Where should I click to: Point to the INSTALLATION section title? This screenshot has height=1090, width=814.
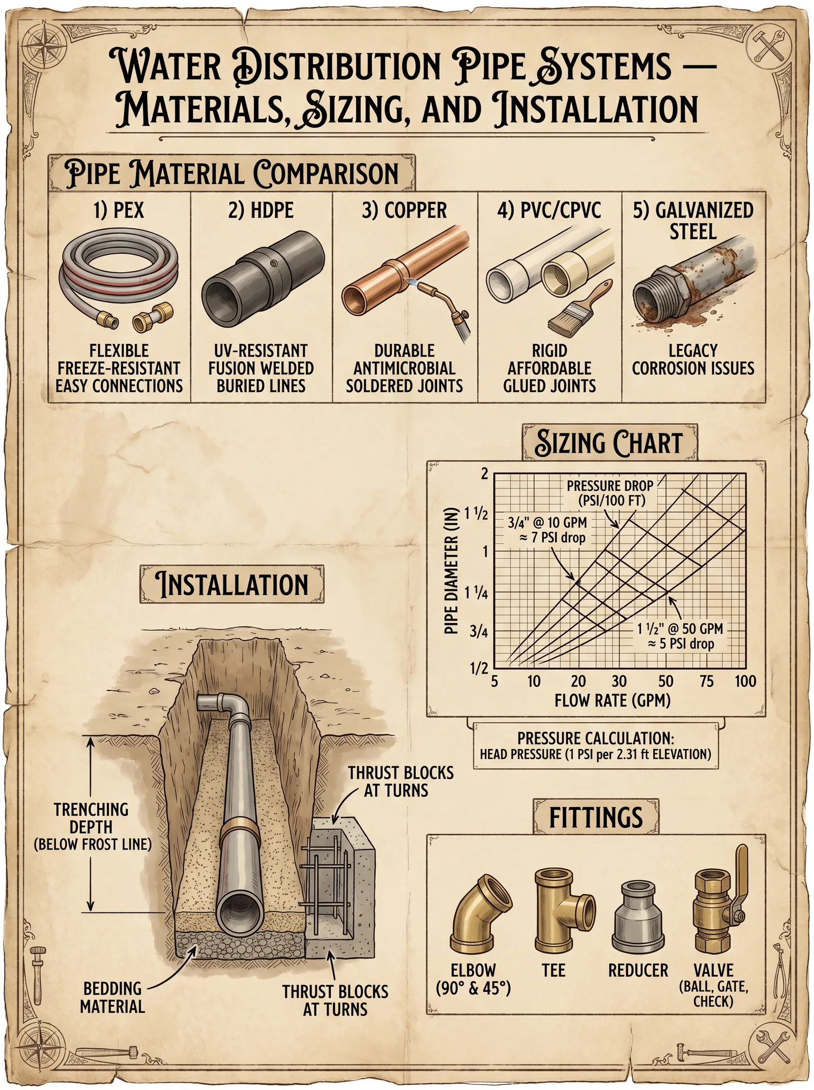(x=232, y=584)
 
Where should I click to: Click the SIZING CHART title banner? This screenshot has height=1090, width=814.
(x=609, y=443)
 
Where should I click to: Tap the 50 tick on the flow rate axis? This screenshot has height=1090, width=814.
(x=665, y=681)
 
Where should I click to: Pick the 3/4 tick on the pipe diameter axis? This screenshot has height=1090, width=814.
(x=479, y=631)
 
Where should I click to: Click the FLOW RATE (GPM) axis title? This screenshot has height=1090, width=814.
(x=613, y=701)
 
